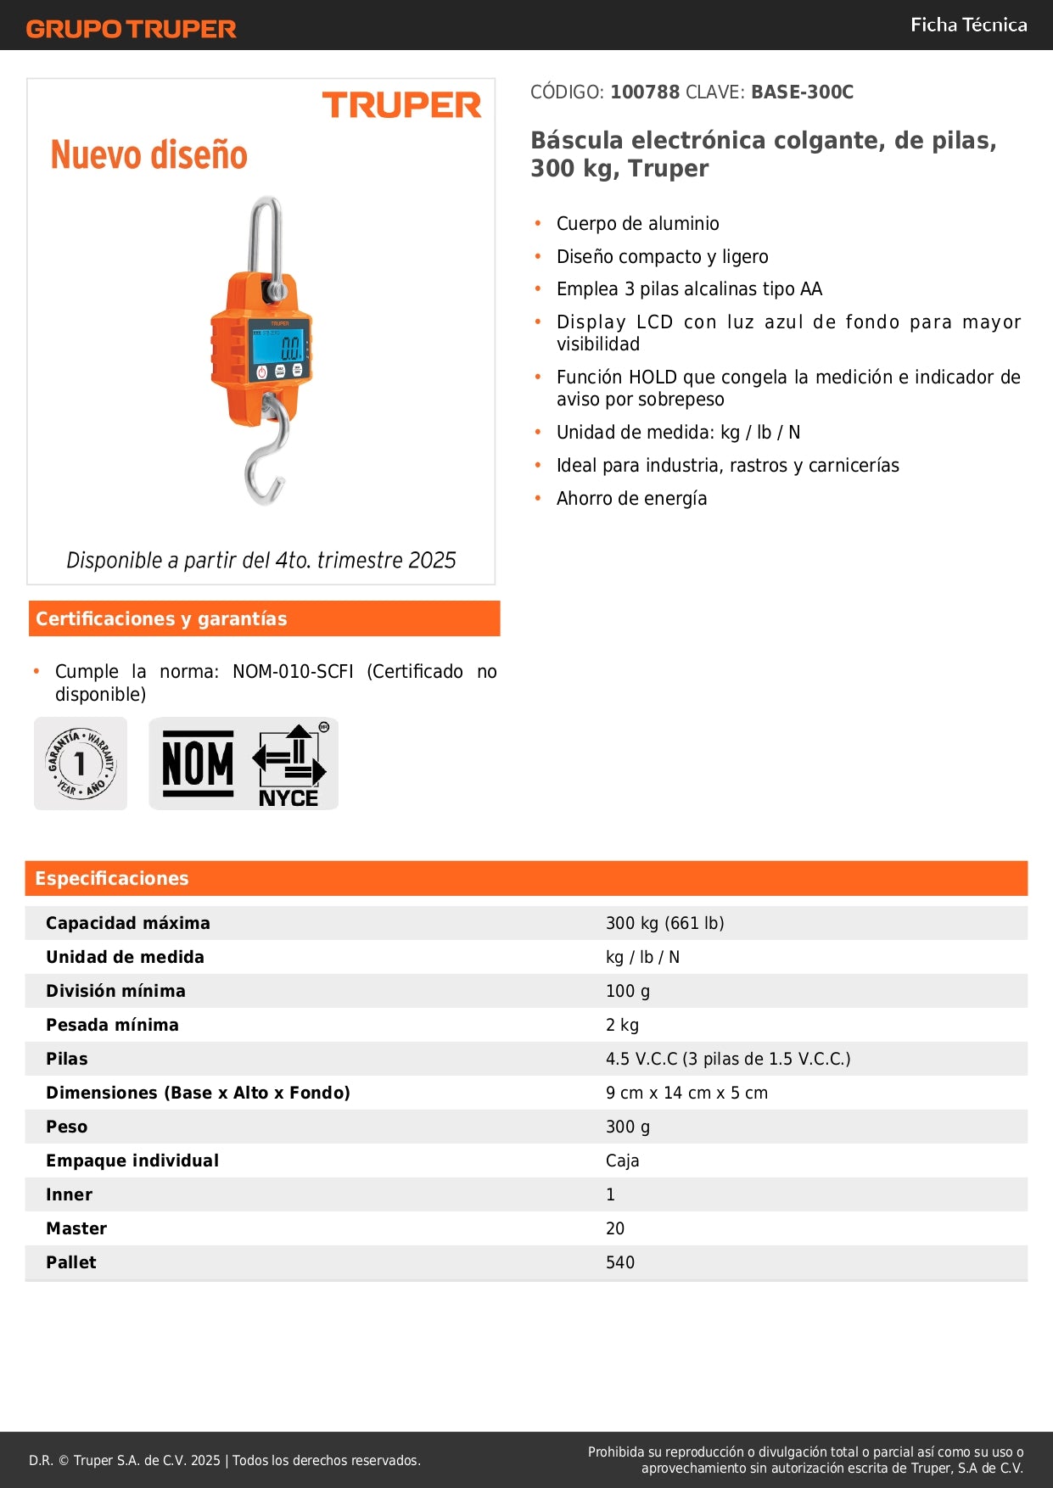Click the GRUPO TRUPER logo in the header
tap(131, 29)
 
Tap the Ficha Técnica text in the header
tap(968, 25)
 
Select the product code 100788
tap(645, 92)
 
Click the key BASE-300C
tap(802, 92)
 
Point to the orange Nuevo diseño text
tap(149, 155)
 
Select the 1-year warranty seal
tap(81, 764)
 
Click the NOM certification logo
tap(198, 764)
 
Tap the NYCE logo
tap(289, 764)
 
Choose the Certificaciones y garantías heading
tap(161, 618)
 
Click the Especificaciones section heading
tap(112, 878)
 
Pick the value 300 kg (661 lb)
tap(664, 923)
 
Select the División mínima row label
tap(115, 991)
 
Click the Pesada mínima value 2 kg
tap(622, 1025)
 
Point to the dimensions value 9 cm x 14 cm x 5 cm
tap(686, 1093)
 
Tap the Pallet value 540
tap(620, 1262)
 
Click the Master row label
tap(76, 1228)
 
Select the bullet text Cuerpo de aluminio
tap(637, 224)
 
